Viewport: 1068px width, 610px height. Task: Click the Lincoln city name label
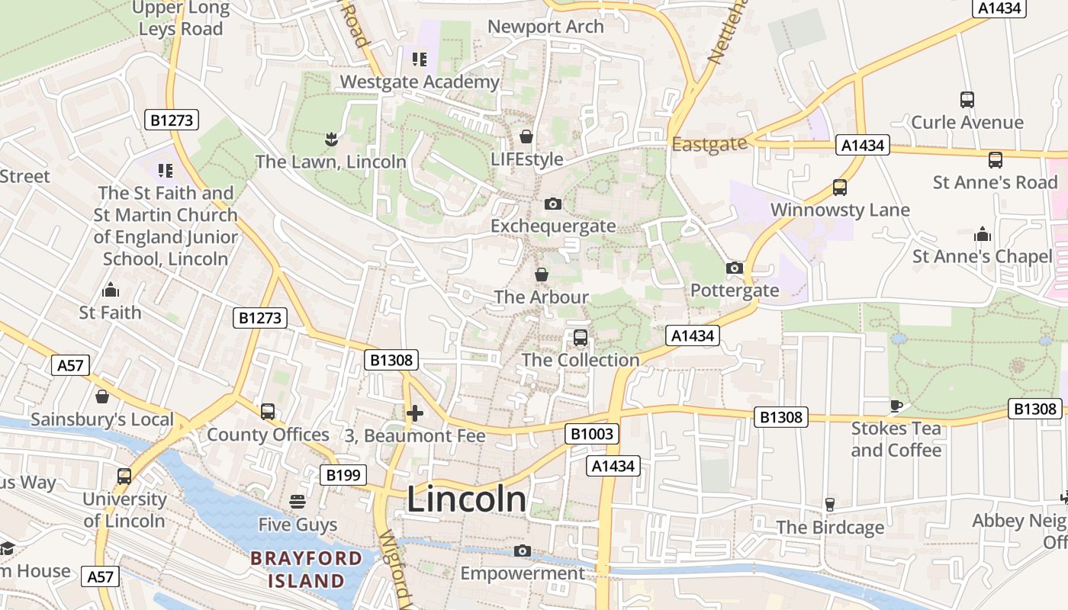tap(466, 499)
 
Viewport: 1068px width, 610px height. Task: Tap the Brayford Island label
tap(306, 569)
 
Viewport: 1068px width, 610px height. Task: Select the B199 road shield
tap(343, 475)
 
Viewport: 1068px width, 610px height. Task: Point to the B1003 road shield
tap(592, 435)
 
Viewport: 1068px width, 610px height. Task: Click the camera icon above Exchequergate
tap(553, 204)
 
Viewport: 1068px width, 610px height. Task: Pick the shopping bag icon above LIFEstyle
tap(526, 136)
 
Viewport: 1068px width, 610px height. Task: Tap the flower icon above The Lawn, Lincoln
tap(330, 139)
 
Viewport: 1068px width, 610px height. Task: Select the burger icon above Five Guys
tap(298, 502)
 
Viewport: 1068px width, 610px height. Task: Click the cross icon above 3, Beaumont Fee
tap(414, 413)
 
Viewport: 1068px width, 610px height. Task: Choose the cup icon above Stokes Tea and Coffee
tap(896, 405)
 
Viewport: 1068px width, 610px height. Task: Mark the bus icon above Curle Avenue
tap(967, 99)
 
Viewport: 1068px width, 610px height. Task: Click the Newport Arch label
tap(545, 27)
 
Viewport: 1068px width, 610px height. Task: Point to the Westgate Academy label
tap(420, 82)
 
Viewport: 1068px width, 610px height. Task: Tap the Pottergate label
tap(735, 291)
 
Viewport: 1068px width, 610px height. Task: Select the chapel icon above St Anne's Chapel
tap(983, 233)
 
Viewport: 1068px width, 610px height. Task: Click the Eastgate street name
tap(709, 143)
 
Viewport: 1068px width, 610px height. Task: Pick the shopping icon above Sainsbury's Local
tap(101, 396)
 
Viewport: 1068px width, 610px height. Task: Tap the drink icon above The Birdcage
tap(830, 504)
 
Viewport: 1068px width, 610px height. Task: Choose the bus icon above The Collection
tap(581, 337)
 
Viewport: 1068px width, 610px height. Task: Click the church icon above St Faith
tap(111, 290)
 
